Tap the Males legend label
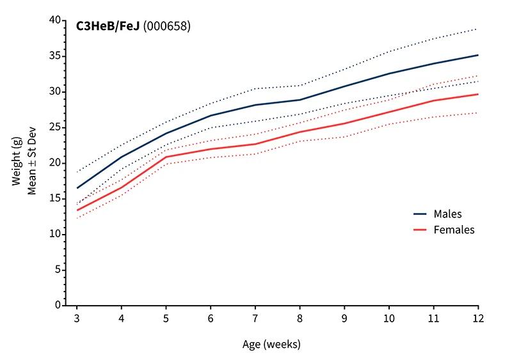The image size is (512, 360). click(447, 214)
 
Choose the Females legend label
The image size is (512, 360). click(454, 230)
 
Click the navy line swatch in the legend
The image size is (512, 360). click(419, 214)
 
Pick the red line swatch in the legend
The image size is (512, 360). click(419, 230)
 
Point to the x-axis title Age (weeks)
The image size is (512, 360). click(271, 344)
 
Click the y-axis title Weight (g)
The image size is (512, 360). click(18, 163)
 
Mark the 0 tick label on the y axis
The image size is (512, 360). click(58, 306)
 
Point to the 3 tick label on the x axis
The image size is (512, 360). click(77, 318)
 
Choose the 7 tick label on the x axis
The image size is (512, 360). click(255, 318)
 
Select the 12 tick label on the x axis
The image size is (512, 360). click(477, 318)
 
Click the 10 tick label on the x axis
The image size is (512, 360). click(388, 318)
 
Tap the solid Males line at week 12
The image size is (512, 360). click(477, 55)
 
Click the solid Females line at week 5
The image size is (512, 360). click(166, 157)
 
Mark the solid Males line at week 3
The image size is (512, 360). click(77, 188)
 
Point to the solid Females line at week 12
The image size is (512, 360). click(477, 94)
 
